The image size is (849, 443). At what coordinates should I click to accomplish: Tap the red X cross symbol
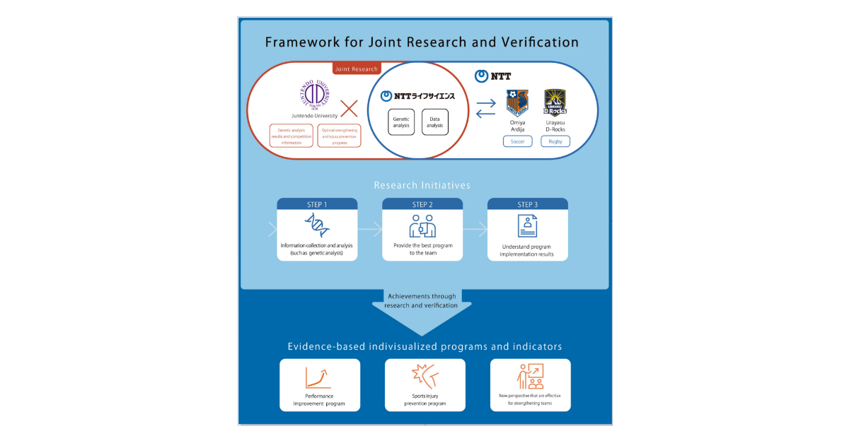tap(349, 108)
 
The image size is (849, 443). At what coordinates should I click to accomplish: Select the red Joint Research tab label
tap(357, 69)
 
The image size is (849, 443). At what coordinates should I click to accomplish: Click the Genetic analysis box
tap(401, 123)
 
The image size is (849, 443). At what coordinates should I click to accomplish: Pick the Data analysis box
tap(436, 123)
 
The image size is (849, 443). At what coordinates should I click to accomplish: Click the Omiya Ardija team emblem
tap(518, 103)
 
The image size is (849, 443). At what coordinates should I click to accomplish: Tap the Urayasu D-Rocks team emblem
tap(555, 103)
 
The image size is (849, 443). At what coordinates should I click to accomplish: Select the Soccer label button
tap(518, 142)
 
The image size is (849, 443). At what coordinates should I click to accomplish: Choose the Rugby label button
tap(555, 142)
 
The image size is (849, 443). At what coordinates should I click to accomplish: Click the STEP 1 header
tap(317, 205)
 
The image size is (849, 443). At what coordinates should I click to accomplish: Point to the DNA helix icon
tap(317, 225)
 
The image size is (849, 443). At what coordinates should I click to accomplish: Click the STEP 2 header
tap(422, 205)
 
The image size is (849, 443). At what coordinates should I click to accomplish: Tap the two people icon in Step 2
tap(422, 225)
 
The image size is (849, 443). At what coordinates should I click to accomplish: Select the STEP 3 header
tap(527, 205)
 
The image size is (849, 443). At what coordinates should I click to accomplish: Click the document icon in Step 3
tap(527, 226)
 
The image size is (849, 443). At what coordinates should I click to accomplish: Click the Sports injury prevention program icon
tap(424, 377)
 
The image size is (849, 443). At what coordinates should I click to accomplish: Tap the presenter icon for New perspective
tap(530, 377)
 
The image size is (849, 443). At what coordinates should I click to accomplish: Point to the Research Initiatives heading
tap(422, 185)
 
